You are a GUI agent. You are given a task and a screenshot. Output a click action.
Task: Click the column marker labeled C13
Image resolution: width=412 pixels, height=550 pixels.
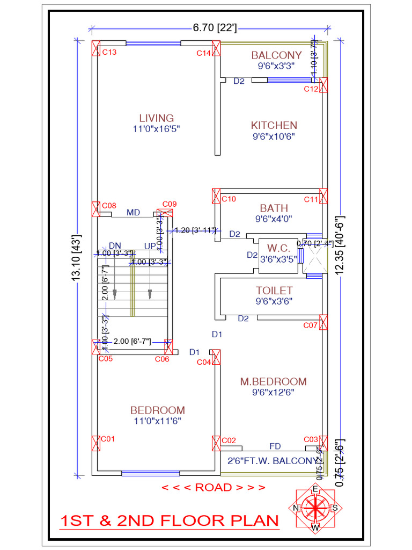97,48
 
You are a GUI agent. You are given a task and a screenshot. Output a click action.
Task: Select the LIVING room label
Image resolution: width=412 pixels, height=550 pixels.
157,118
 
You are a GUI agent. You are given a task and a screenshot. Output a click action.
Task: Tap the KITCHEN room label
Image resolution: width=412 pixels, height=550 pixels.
274,125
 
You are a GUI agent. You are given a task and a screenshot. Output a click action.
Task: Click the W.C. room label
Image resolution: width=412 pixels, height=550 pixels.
278,248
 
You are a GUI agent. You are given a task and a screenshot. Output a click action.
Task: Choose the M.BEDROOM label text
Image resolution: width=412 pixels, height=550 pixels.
274,382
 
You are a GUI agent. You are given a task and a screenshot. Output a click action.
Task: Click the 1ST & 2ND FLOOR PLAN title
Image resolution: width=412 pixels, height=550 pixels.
170,521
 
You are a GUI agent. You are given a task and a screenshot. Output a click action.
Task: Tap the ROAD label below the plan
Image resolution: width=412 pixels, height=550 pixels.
214,488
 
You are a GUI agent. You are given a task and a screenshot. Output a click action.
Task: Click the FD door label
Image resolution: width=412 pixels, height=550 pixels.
275,446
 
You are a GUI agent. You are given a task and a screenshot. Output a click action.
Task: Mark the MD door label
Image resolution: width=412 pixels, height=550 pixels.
133,213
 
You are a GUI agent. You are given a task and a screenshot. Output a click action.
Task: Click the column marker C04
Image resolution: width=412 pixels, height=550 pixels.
216,357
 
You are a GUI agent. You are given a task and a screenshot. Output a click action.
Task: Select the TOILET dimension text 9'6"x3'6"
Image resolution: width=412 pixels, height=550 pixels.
274,301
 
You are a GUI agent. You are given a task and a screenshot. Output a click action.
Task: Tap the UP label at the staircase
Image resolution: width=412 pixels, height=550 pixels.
150,245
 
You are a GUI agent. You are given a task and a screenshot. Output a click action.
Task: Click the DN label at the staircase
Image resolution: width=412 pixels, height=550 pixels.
115,245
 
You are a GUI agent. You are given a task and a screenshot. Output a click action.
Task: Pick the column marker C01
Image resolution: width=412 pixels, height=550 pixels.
97,443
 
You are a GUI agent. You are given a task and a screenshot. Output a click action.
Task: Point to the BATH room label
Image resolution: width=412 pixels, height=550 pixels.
274,208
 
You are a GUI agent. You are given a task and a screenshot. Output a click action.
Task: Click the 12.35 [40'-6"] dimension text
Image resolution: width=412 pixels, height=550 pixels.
340,246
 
